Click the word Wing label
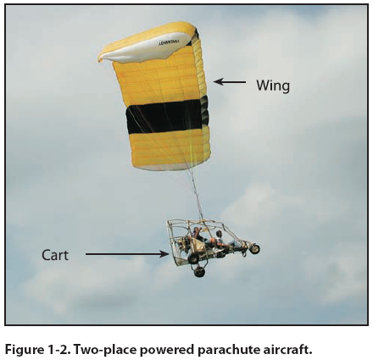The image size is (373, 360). coord(273,86)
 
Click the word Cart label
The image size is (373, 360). coord(55,255)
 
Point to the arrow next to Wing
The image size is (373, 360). coord(230,82)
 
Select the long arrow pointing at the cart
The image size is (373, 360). coord(127,254)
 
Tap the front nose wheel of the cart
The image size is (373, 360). coord(254,249)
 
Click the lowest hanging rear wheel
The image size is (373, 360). coord(199,273)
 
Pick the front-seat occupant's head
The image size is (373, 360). coord(219,234)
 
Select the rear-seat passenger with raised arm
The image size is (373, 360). coord(197,234)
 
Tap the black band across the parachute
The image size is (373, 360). coord(167,116)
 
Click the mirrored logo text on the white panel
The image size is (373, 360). coord(171,42)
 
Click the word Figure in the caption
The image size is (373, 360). coord(24,350)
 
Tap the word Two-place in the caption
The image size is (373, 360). coord(105,350)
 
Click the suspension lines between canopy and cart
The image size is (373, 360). coord(196,195)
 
